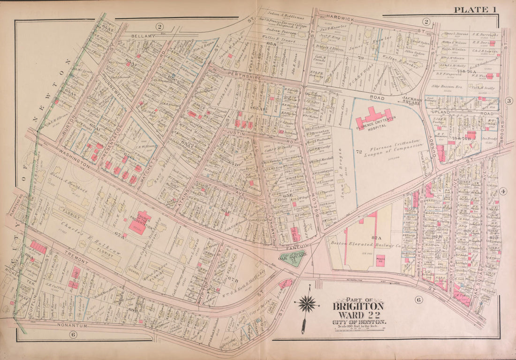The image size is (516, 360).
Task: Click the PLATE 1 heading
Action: coord(474,9)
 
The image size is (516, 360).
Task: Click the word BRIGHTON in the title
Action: coord(358,307)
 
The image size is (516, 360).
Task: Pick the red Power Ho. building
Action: coord(381,260)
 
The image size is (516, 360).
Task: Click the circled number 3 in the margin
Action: coord(508,101)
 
